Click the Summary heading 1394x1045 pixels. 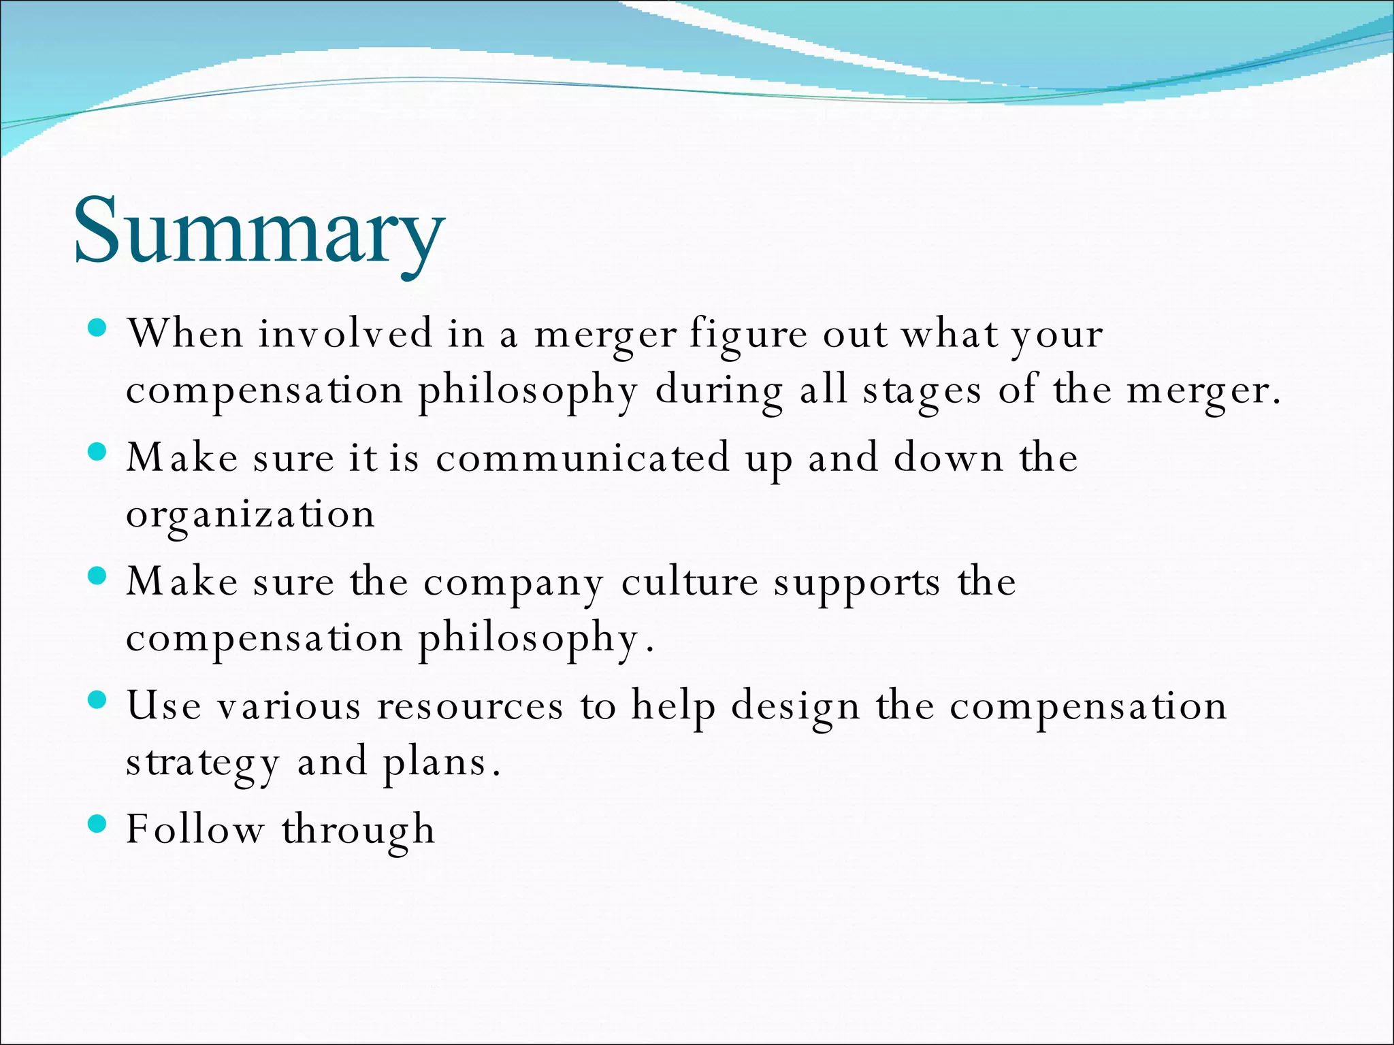pyautogui.click(x=259, y=231)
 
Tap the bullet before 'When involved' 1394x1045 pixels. pyautogui.click(x=98, y=329)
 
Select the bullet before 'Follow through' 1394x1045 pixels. pyautogui.click(x=98, y=825)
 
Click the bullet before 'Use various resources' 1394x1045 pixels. pyautogui.click(x=98, y=701)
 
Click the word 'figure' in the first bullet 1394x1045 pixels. pyautogui.click(x=747, y=335)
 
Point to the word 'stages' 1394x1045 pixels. pyautogui.click(x=922, y=392)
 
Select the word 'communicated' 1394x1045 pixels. pyautogui.click(x=583, y=458)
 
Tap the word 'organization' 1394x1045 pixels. pyautogui.click(x=250, y=515)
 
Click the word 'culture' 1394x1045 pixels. pyautogui.click(x=689, y=582)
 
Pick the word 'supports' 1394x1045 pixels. pyautogui.click(x=857, y=584)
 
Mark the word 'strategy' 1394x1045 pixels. pyautogui.click(x=202, y=763)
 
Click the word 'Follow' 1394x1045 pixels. pyautogui.click(x=195, y=829)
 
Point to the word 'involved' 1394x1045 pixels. pyautogui.click(x=344, y=334)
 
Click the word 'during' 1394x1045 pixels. pyautogui.click(x=719, y=392)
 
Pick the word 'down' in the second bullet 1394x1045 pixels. pyautogui.click(x=948, y=457)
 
